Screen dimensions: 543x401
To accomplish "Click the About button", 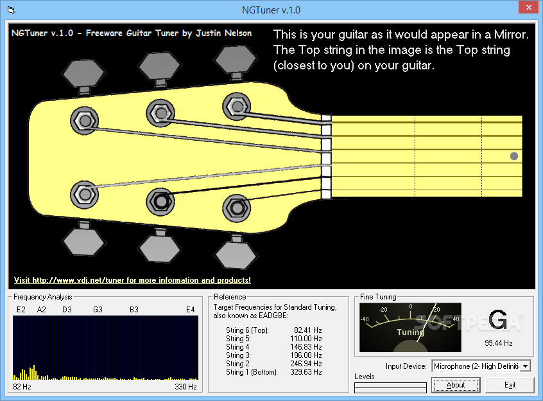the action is pyautogui.click(x=455, y=385).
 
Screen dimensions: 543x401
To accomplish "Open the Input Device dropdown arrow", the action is pyautogui.click(x=525, y=366).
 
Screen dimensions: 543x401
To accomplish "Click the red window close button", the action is pyautogui.click(x=528, y=7).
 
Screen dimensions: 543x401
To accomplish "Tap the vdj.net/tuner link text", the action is pyautogui.click(x=132, y=280).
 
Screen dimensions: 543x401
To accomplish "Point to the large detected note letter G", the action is pyautogui.click(x=498, y=319).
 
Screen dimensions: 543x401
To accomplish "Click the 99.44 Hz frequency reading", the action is pyautogui.click(x=498, y=343).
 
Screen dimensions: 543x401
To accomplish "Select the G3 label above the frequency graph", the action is pyautogui.click(x=98, y=310).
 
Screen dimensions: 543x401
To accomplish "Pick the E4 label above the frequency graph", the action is pyautogui.click(x=191, y=310).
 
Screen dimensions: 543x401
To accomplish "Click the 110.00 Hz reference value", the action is pyautogui.click(x=306, y=339).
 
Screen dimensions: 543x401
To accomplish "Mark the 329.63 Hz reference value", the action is pyautogui.click(x=306, y=372).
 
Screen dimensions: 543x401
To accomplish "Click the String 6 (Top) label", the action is pyautogui.click(x=247, y=330).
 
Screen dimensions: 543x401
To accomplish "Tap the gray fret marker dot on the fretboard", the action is pyautogui.click(x=514, y=156).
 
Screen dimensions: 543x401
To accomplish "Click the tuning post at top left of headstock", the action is pyautogui.click(x=85, y=121).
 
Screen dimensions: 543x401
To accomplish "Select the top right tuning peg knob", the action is pyautogui.click(x=235, y=60).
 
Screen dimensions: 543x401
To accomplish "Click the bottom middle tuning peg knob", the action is pyautogui.click(x=159, y=248).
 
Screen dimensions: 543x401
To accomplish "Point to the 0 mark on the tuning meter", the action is pyautogui.click(x=411, y=307).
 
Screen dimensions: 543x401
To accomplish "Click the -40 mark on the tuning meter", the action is pyautogui.click(x=365, y=319).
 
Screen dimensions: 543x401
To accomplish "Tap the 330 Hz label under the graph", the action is pyautogui.click(x=185, y=387).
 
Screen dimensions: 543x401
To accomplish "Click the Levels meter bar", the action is pyautogui.click(x=390, y=388).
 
